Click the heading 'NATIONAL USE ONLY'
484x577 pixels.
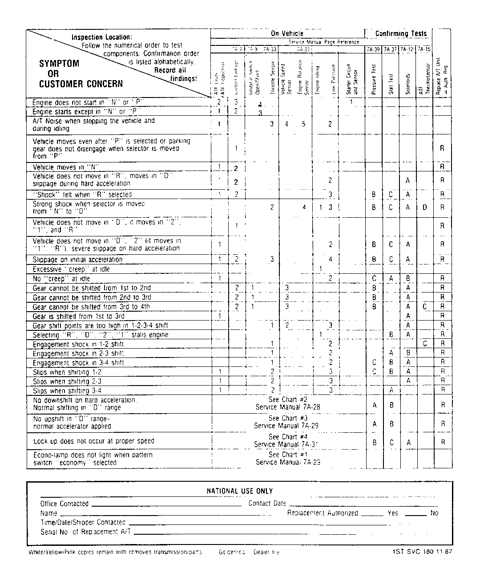pos(239,491)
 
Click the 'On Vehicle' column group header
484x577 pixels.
pos(287,33)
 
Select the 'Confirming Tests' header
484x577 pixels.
pos(400,33)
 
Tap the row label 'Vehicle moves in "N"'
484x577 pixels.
pos(66,167)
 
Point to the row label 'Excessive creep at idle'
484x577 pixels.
pos(71,269)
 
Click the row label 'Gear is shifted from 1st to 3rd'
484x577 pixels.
pos(78,316)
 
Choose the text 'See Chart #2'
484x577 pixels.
pos(288,400)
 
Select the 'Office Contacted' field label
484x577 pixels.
pos(65,504)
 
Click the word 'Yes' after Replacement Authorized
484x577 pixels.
pos(393,513)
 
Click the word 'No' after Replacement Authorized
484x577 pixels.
pos(434,513)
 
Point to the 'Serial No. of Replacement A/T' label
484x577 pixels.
pos(85,532)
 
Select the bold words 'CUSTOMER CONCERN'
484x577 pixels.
pos(81,84)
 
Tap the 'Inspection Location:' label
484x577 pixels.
pos(102,37)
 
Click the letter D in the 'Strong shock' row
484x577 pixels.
pos(425,207)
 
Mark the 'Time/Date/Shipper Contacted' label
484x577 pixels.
pos(83,523)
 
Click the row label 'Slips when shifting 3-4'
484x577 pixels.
pos(67,391)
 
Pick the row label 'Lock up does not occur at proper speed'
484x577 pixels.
pos(94,441)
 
